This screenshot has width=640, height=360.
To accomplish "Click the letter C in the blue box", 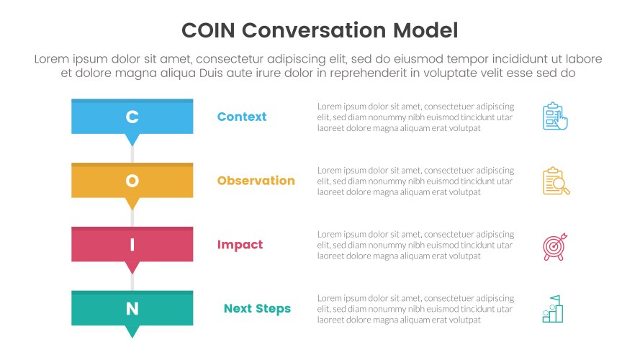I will pyautogui.click(x=132, y=117).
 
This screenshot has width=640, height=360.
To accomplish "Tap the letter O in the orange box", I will pyautogui.click(x=132, y=181).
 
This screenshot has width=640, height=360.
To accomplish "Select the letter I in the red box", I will pyautogui.click(x=132, y=245).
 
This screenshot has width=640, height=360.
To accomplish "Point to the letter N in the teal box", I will pyautogui.click(x=132, y=309).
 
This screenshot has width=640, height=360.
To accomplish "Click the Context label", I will pyautogui.click(x=242, y=117).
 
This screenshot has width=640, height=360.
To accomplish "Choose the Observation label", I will pyautogui.click(x=256, y=181).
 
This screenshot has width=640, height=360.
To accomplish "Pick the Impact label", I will pyautogui.click(x=240, y=245).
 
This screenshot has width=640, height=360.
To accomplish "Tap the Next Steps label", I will pyautogui.click(x=257, y=309).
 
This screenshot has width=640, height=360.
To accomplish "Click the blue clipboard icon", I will pyautogui.click(x=554, y=116).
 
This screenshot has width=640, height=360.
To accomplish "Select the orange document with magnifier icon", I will pyautogui.click(x=556, y=181).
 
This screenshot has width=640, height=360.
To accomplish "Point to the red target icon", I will pyautogui.click(x=555, y=246).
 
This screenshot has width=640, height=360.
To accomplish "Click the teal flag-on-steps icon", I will pyautogui.click(x=553, y=309).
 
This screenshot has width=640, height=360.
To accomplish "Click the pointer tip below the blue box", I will pyautogui.click(x=132, y=141).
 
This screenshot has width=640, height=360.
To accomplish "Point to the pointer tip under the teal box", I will pyautogui.click(x=132, y=333).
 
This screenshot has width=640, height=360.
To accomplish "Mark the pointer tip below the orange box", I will pyautogui.click(x=132, y=205).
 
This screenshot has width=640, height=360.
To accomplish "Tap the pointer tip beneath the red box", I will pyautogui.click(x=132, y=269).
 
